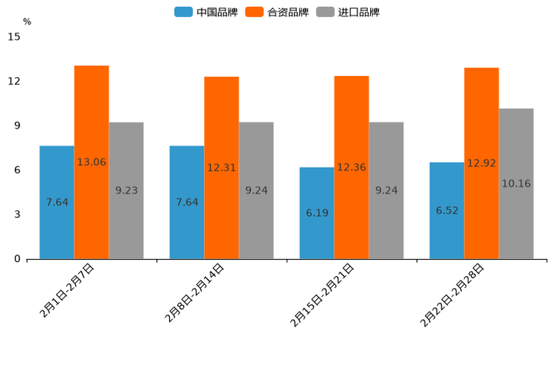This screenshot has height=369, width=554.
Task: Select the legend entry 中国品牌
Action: click(206, 12)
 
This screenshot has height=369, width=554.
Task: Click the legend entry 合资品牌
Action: click(277, 12)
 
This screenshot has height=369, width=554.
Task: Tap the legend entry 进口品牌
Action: click(348, 12)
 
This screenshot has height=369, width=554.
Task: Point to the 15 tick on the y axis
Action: click(14, 36)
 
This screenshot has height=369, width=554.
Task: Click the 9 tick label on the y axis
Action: click(17, 126)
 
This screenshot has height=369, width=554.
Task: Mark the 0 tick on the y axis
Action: click(17, 259)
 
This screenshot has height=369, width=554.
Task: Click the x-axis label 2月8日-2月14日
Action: click(194, 292)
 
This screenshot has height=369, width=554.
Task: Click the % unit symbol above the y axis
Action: click(27, 22)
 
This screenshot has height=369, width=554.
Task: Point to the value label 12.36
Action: click(351, 167)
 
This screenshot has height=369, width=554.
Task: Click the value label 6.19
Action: click(317, 213)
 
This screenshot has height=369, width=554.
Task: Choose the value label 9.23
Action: click(127, 190)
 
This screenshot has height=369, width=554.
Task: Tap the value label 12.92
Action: click(482, 163)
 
